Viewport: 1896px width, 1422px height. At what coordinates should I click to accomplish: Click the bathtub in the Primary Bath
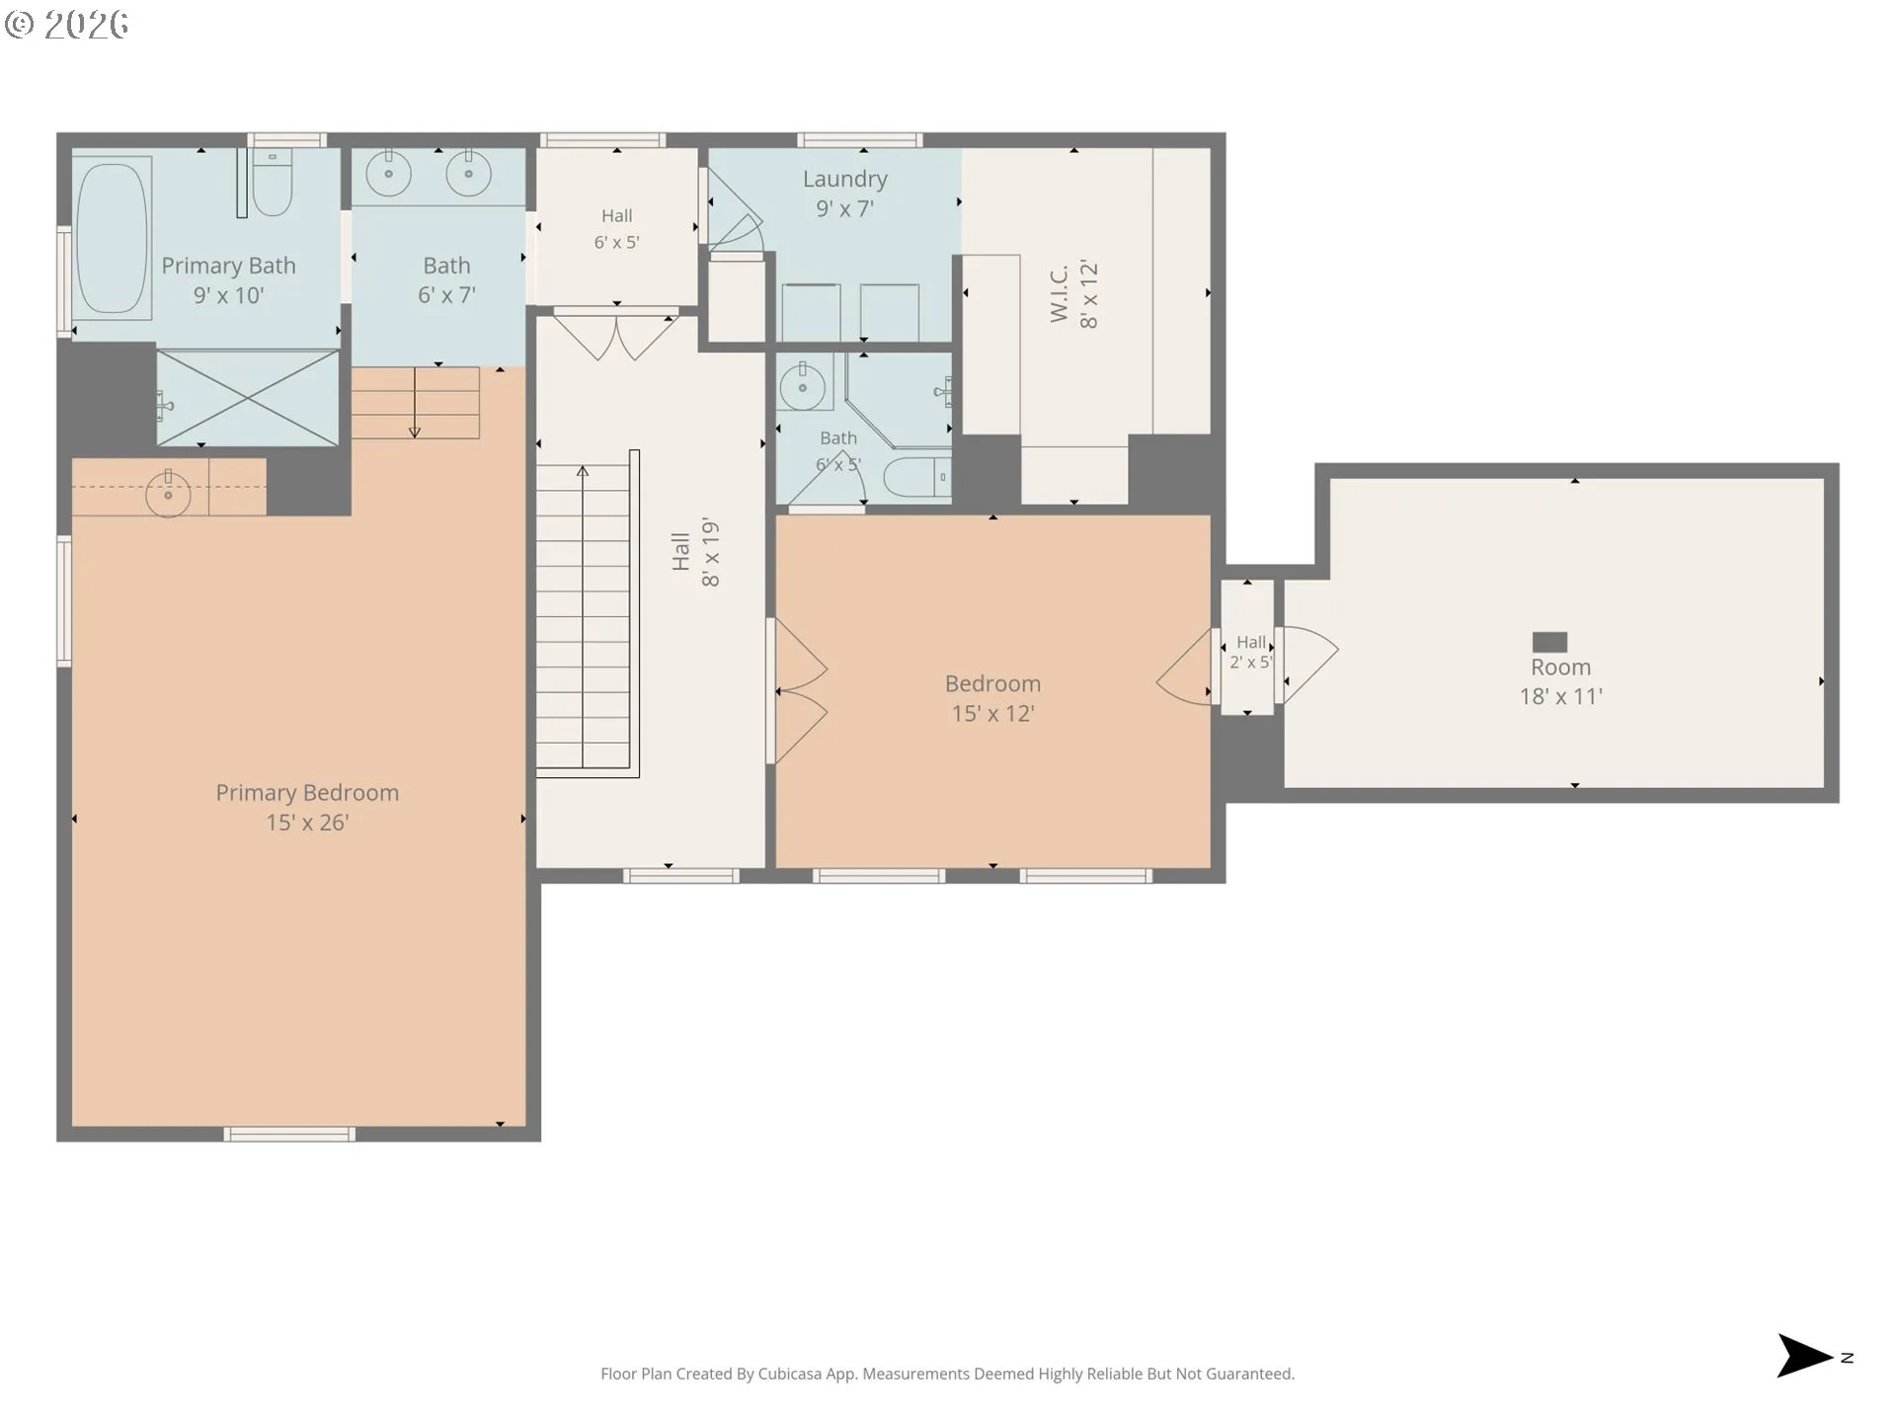[x=112, y=238]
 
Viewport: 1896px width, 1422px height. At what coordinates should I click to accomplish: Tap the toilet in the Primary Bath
[x=272, y=183]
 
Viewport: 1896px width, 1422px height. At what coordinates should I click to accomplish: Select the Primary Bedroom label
[x=307, y=793]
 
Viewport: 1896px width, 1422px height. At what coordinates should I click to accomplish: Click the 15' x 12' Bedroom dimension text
[x=992, y=713]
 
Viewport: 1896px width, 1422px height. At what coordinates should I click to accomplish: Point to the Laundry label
[x=844, y=179]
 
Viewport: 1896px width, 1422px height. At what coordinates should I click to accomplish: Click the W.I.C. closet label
[x=1060, y=293]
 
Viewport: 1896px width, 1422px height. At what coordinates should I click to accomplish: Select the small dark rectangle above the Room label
[x=1549, y=642]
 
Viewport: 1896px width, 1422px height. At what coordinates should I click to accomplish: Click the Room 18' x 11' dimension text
[x=1560, y=696]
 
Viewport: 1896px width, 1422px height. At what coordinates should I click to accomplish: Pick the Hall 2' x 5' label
[x=1250, y=652]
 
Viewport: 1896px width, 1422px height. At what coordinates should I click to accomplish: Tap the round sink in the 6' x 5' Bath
[x=802, y=385]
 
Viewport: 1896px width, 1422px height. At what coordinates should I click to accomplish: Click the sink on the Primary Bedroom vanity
[x=169, y=494]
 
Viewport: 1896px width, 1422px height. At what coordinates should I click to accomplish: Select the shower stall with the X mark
[x=248, y=398]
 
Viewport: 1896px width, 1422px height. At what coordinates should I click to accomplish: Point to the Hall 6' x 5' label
[x=617, y=228]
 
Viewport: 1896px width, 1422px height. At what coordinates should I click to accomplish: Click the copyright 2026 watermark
[x=67, y=24]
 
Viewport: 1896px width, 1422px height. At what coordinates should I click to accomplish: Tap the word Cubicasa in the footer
[x=789, y=1374]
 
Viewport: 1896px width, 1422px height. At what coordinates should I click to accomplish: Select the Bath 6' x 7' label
[x=446, y=280]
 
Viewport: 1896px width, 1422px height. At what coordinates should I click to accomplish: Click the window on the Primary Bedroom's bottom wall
[x=289, y=1135]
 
